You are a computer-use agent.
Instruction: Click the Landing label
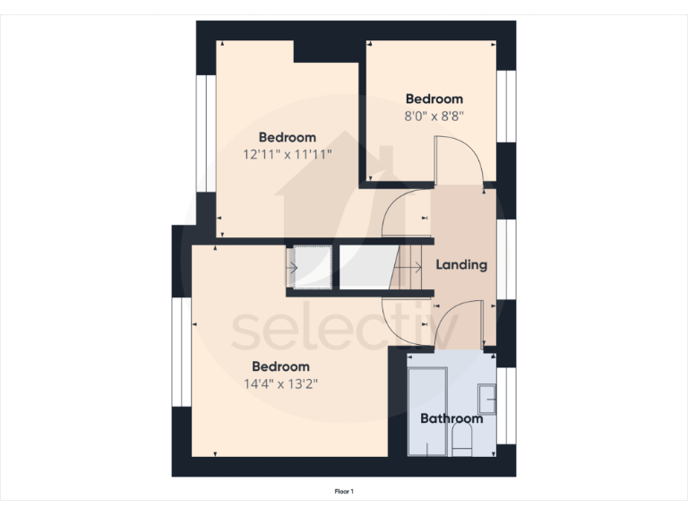pos(461,265)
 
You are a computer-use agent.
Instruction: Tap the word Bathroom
pos(451,418)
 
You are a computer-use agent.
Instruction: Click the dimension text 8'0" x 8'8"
pos(434,116)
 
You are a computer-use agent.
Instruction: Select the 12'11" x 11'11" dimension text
pos(288,154)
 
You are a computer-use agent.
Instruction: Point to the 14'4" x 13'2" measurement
pos(280,383)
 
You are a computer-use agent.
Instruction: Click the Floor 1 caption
pos(344,491)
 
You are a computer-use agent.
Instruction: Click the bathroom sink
pos(486,397)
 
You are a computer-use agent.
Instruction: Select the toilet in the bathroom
pos(463,439)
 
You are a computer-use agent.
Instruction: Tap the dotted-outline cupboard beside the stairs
pos(312,267)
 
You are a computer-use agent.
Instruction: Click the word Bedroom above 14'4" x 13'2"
pos(280,366)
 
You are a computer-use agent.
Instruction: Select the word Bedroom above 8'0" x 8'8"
pos(434,99)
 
